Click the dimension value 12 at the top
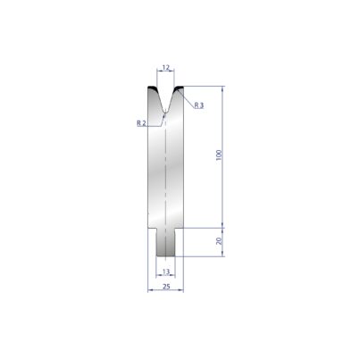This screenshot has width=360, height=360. [166, 68]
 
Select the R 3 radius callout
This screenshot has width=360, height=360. [199, 105]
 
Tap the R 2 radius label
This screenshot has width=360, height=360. [141, 123]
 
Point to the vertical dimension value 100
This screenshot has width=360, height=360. [219, 155]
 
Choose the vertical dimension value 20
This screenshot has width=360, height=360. [219, 240]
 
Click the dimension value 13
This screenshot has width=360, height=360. [166, 272]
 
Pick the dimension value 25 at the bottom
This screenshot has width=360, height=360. [166, 287]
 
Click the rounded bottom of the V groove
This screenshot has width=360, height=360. [165, 112]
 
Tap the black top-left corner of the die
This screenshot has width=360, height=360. [153, 88]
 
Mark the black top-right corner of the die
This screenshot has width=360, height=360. [179, 88]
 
